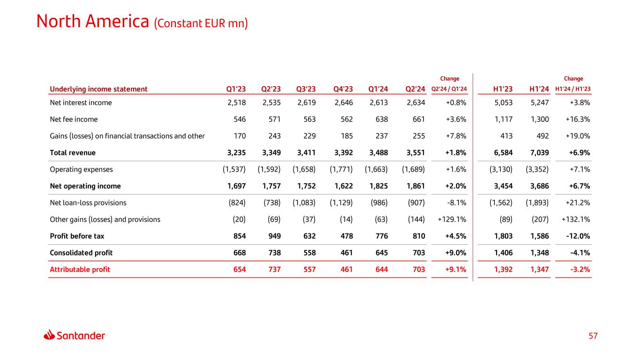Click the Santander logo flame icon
click(50, 335)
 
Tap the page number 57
click(594, 336)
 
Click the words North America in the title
click(93, 21)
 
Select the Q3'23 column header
click(306, 89)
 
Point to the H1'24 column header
click(539, 89)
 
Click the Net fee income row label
click(74, 120)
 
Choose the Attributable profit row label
click(80, 270)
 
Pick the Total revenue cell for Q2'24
click(414, 153)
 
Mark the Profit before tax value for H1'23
click(503, 236)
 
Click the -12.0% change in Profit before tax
click(578, 236)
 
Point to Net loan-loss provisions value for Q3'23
click(304, 203)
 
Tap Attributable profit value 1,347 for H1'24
click(539, 270)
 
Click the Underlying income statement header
click(98, 89)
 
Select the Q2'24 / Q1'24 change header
click(449, 89)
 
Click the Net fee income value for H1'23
click(503, 120)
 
